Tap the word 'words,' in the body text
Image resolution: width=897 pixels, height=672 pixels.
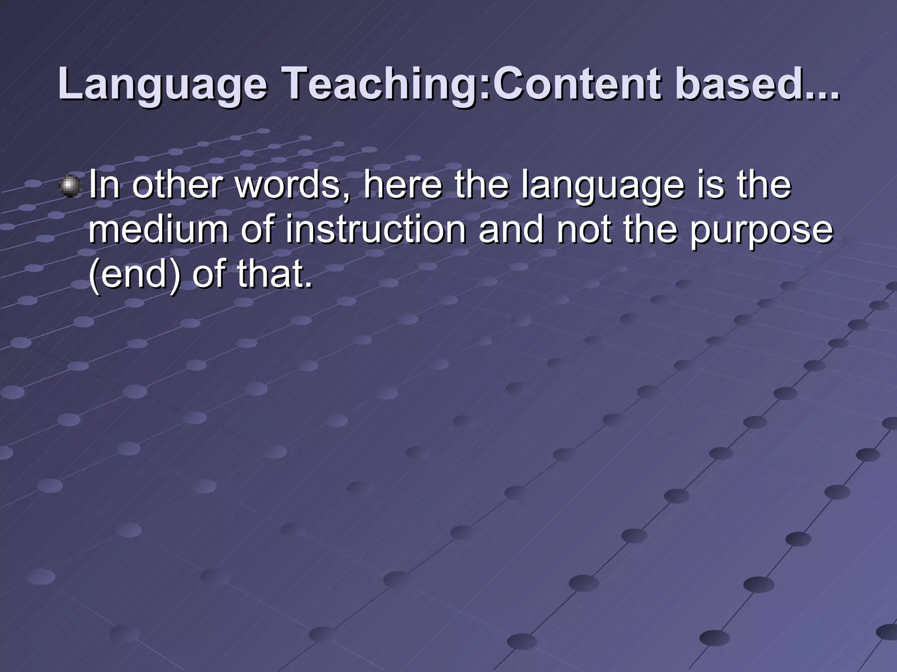click(x=293, y=185)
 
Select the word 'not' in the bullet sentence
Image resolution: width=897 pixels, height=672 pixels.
click(x=584, y=231)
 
